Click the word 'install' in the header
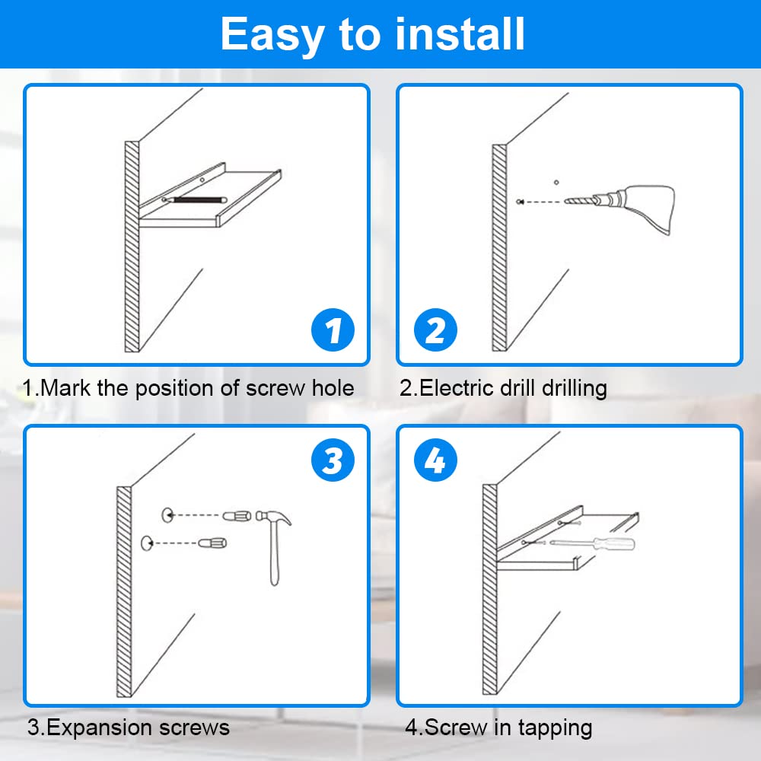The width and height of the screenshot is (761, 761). tap(460, 33)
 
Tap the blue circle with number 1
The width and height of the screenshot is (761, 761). tap(333, 330)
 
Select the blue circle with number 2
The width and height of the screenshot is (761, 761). tap(435, 330)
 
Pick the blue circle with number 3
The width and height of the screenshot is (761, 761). tap(333, 460)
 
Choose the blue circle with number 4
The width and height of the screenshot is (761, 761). tap(435, 460)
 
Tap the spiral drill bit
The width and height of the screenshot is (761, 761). tap(580, 200)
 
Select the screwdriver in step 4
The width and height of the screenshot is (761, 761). tap(592, 543)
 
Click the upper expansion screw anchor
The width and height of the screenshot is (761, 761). tap(237, 515)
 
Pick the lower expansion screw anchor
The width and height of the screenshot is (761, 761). tap(212, 542)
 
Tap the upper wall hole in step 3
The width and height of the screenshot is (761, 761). tap(167, 515)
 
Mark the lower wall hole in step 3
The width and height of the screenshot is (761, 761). tap(147, 543)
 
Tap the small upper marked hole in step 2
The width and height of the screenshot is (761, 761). tap(556, 183)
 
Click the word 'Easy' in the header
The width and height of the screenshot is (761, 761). tap(272, 35)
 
